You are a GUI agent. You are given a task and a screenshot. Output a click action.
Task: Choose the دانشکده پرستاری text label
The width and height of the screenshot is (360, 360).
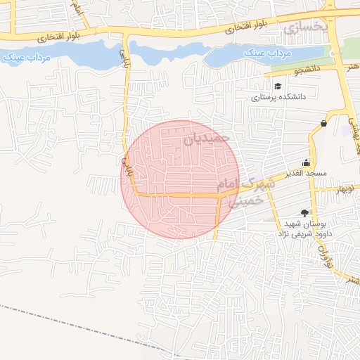[x=279, y=98]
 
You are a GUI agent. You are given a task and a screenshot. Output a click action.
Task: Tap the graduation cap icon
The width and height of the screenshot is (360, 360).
[x=279, y=86]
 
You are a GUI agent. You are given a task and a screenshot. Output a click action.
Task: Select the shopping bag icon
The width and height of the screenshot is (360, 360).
[x=323, y=124]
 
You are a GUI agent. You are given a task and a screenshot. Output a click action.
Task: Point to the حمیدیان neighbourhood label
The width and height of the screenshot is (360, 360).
[x=207, y=139]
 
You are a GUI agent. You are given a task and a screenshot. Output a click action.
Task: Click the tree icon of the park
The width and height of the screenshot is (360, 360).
[x=304, y=212]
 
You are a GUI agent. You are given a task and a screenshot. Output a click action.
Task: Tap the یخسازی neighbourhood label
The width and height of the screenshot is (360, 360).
[x=305, y=27]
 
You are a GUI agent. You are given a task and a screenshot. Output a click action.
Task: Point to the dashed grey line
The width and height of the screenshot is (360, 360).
[x=70, y=324]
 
